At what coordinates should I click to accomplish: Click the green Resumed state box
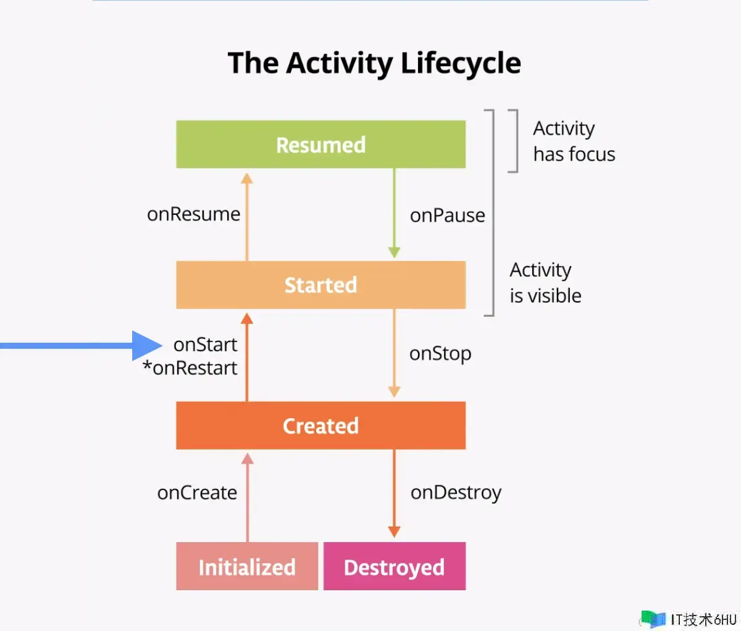coord(321,144)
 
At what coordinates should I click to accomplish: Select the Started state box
coord(321,285)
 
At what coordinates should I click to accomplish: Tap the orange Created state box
coord(321,425)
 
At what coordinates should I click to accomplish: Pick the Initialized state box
coord(247,566)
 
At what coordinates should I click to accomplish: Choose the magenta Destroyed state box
coord(395,566)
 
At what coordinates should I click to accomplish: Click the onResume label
coord(193,214)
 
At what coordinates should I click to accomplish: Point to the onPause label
coord(448,215)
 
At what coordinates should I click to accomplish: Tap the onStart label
coord(205,345)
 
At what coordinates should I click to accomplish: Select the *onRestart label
coord(190,368)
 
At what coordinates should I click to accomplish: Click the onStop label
coord(440,354)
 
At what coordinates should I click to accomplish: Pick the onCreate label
coord(197,493)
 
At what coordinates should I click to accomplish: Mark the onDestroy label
coord(456,493)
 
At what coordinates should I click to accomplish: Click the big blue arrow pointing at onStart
coord(81,346)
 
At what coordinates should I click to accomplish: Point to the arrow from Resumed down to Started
coord(395,214)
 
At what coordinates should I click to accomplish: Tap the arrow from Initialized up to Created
coord(248,498)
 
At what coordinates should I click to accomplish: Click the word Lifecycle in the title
coord(461,63)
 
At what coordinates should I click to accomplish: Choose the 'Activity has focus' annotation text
coord(574,141)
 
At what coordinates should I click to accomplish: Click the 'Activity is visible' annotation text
coord(545,283)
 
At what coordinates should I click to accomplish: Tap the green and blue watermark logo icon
coord(653,619)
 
